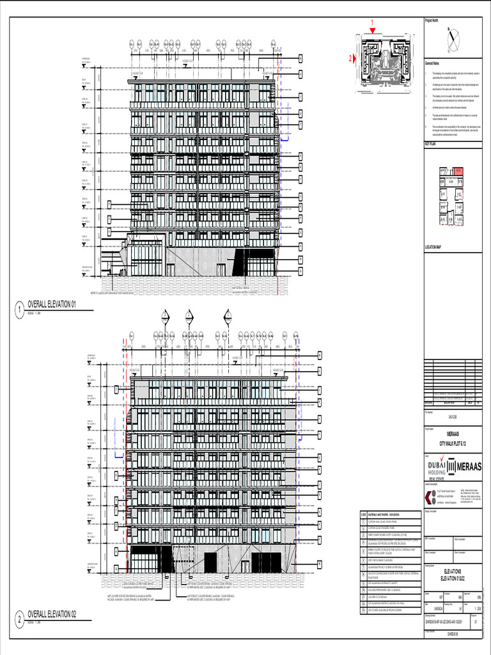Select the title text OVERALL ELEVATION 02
point(52,614)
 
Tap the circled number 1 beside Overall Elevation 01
point(19,311)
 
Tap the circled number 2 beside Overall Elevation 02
point(19,620)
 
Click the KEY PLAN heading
point(431,145)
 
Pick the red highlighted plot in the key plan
point(458,171)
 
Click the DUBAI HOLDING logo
point(435,467)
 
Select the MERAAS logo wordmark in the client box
point(469,467)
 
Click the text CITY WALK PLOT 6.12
point(453,443)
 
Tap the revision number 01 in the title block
point(475,620)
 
